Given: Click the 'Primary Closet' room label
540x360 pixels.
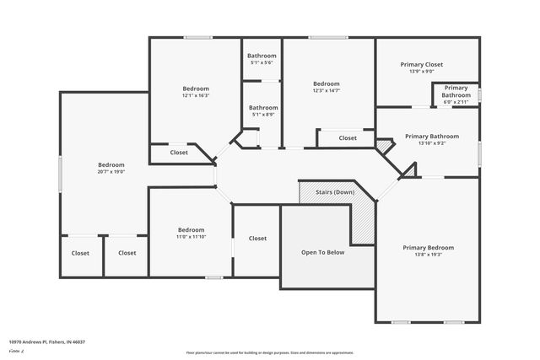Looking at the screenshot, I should click(x=421, y=64).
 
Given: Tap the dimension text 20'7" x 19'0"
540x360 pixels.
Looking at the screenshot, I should click(x=111, y=172).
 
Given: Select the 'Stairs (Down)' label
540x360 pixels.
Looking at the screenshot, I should click(x=335, y=192).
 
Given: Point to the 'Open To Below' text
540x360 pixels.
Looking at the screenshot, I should click(x=323, y=252).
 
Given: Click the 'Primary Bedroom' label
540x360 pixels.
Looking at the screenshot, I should click(x=428, y=248).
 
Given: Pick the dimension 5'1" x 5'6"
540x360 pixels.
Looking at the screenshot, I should click(x=262, y=63).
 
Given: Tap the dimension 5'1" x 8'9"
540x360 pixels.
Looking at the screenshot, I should click(x=263, y=115).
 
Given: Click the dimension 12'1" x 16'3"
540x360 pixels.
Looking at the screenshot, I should click(x=196, y=95).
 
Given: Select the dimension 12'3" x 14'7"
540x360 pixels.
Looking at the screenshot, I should click(x=326, y=91).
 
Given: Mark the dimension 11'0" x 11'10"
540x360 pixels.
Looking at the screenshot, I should click(x=191, y=237).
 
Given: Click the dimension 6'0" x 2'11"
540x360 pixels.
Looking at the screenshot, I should click(x=456, y=102).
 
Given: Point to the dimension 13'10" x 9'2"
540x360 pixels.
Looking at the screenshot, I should click(x=431, y=143).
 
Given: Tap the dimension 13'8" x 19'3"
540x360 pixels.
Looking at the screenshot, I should click(x=428, y=255).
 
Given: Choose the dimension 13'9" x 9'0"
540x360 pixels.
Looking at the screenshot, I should click(x=421, y=72).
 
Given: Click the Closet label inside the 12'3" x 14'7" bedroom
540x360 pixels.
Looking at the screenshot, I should click(x=348, y=137).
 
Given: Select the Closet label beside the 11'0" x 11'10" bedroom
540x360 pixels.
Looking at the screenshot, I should click(x=257, y=239).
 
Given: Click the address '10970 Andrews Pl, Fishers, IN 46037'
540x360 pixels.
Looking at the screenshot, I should click(x=47, y=341).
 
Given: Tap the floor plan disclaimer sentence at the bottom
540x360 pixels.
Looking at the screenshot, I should click(x=269, y=352).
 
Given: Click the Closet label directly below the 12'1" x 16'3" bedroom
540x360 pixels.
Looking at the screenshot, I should click(x=179, y=153).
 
